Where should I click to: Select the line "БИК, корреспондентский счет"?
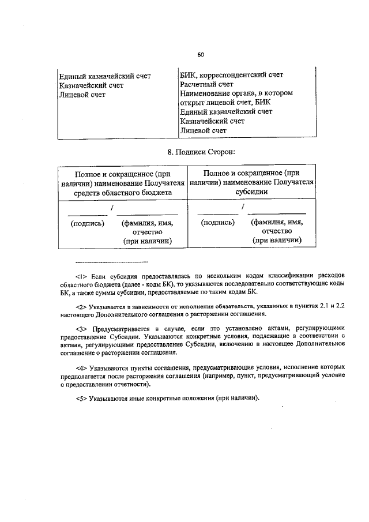point(232,75)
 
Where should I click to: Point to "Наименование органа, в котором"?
point(236,93)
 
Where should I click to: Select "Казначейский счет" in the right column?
point(212,121)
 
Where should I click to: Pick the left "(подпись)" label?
point(87,222)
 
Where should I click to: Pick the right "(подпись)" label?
point(217,222)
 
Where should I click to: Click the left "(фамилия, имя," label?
point(147,222)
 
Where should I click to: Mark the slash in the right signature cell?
point(244,206)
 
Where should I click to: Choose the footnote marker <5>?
point(81,397)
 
